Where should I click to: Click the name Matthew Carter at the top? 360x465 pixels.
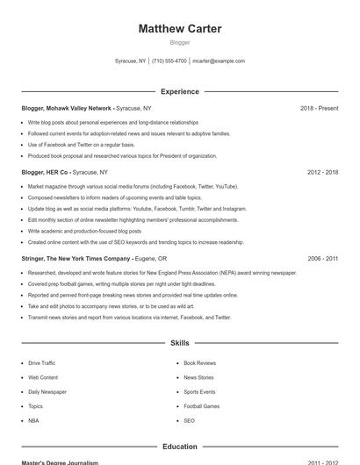179,29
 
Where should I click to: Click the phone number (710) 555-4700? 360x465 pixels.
169,61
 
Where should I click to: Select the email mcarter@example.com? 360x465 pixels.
219,61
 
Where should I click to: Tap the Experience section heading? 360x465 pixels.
179,91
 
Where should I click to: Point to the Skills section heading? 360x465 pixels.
179,343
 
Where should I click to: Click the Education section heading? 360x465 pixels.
179,447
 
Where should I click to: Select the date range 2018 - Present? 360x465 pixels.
319,108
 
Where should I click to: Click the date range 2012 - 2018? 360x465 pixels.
322,173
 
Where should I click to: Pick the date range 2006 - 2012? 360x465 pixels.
322,259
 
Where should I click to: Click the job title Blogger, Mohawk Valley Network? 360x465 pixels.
67,108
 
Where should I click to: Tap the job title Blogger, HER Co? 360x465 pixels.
45,173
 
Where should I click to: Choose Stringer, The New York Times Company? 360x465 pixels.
76,259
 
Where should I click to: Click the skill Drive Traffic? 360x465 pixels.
41,362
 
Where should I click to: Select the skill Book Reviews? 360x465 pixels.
199,362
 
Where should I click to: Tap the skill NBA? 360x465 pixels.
33,421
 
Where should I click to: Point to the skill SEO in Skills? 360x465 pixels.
189,421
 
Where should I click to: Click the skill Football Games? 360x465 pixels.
201,406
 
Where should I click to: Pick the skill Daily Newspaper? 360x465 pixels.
47,392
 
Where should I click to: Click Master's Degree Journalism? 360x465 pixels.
60,462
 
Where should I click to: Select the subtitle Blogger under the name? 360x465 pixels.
179,42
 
